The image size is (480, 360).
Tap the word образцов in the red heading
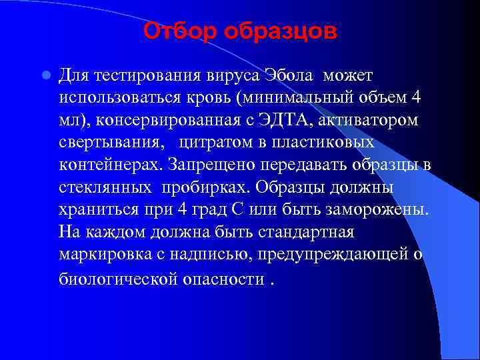coord(280,31)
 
